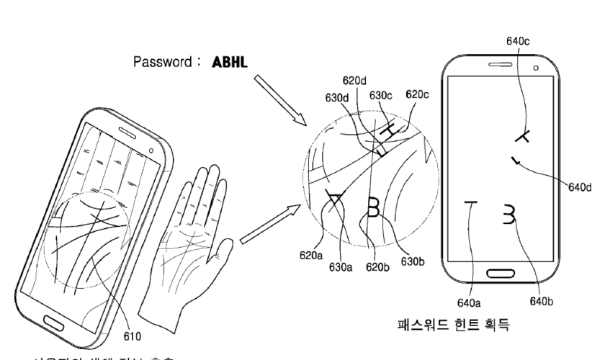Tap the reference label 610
[133, 334]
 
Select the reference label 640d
[577, 187]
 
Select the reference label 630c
[380, 94]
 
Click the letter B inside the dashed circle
[374, 206]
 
